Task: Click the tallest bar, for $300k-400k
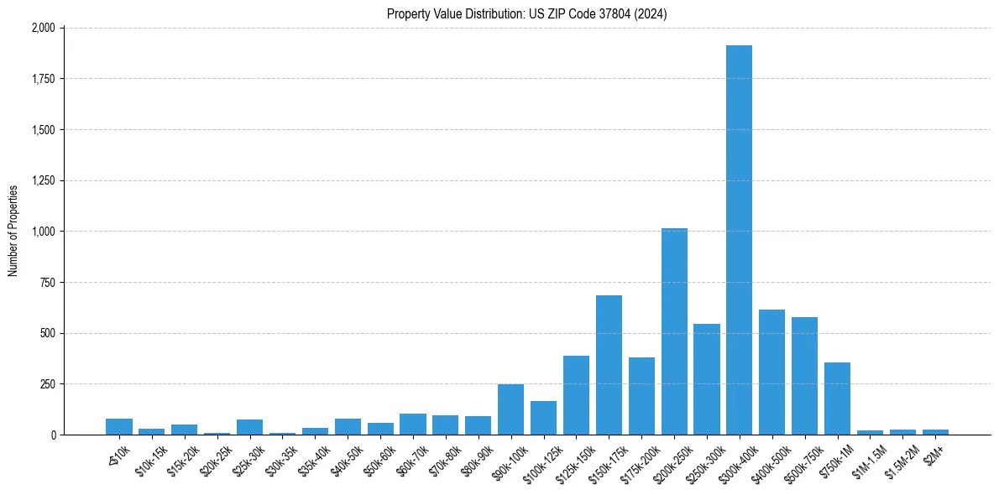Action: tap(739, 240)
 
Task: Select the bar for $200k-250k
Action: tap(674, 331)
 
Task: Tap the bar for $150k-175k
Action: tap(609, 365)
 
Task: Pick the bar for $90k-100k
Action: tap(510, 409)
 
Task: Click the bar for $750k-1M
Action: tap(837, 399)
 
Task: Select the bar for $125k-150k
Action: tap(576, 395)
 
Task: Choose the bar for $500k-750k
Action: tap(804, 376)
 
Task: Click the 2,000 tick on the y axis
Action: tap(43, 28)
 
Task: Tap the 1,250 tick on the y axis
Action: tap(43, 180)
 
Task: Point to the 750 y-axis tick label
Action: tap(47, 283)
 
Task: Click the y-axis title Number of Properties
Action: tap(13, 231)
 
